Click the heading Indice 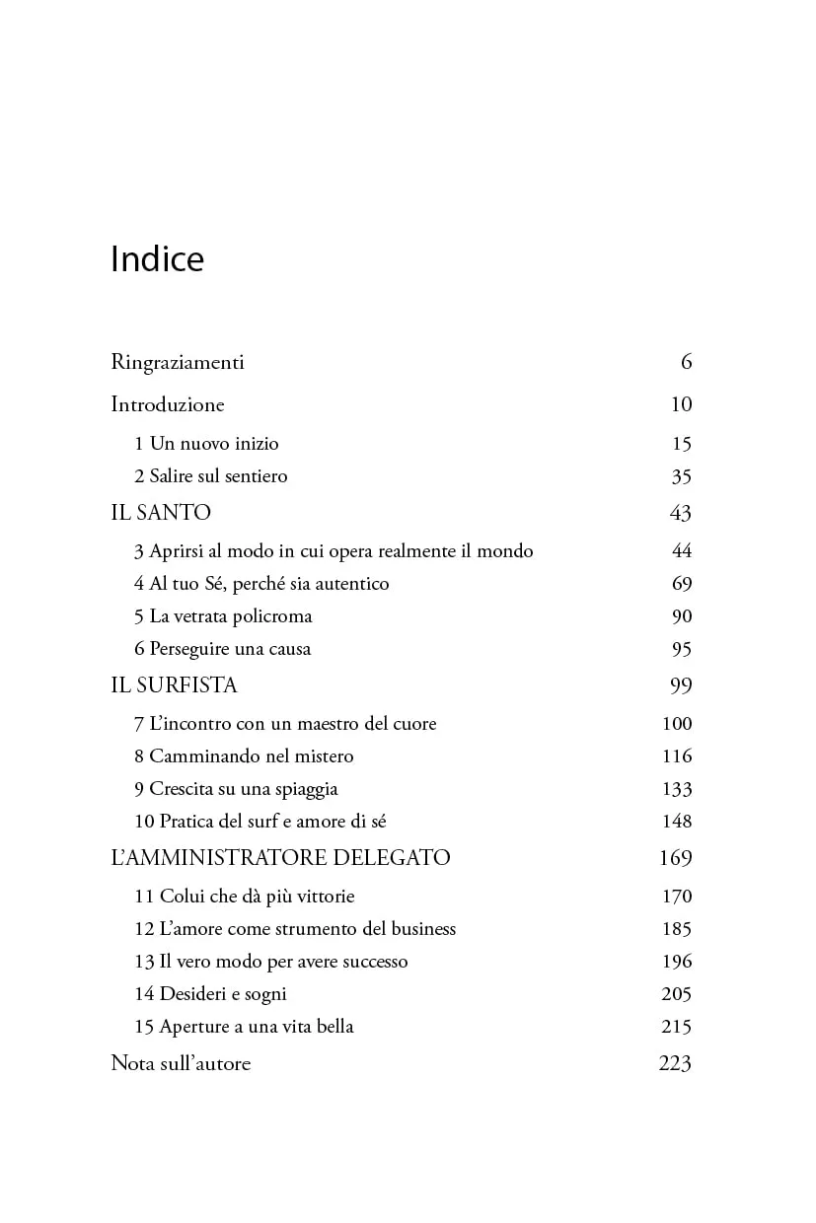coord(158,259)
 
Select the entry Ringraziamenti coord(178,363)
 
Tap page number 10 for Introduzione coord(681,405)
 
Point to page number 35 coord(682,477)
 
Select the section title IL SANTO coord(161,513)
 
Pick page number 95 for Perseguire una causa coord(682,650)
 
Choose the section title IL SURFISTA coord(174,685)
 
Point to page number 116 coord(678,756)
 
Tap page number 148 coord(678,822)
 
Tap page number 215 coord(677,1027)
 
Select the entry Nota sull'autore coord(181,1064)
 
